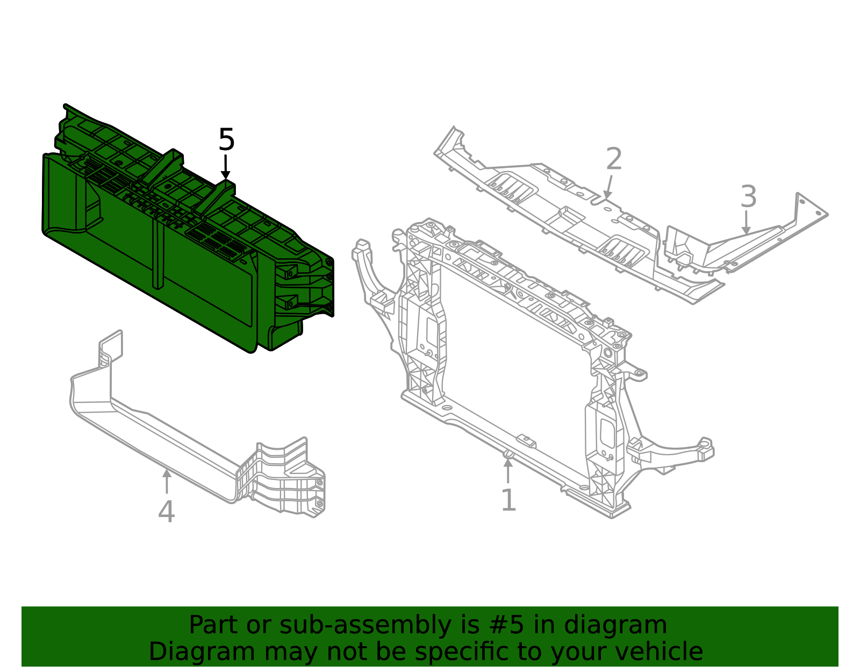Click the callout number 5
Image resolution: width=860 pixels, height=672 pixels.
pos(226,140)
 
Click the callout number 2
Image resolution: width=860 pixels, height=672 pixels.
pos(614,159)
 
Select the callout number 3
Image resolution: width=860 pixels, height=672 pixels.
pos(748,197)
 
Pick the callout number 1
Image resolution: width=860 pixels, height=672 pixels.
pos(508,500)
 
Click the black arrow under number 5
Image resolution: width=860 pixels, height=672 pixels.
pos(226,167)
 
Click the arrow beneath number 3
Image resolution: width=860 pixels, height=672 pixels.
pos(746,222)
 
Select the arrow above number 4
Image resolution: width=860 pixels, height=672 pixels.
pos(167,480)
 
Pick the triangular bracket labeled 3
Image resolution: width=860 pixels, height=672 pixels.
pos(752,242)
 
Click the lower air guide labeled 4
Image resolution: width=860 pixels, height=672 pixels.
pos(161,430)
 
